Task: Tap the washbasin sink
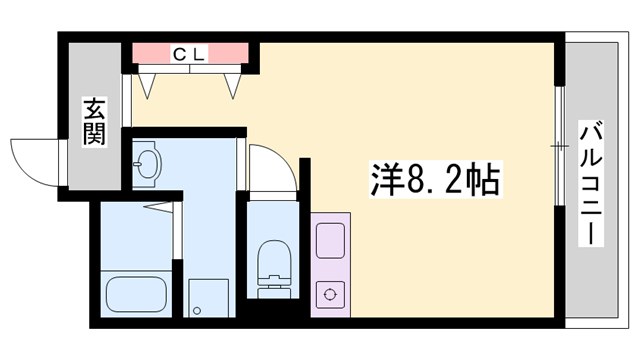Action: pyautogui.click(x=148, y=164)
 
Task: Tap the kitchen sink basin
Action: pyautogui.click(x=329, y=241)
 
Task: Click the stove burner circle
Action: pyautogui.click(x=329, y=294)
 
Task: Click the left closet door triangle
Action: pyautogui.click(x=149, y=83)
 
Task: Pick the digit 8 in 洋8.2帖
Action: pyautogui.click(x=413, y=181)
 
